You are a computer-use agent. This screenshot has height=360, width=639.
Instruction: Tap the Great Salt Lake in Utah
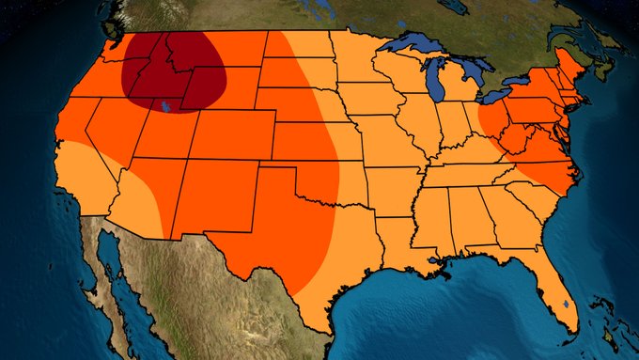tap(165, 106)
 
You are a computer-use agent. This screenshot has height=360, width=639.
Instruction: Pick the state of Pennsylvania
tap(531, 108)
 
